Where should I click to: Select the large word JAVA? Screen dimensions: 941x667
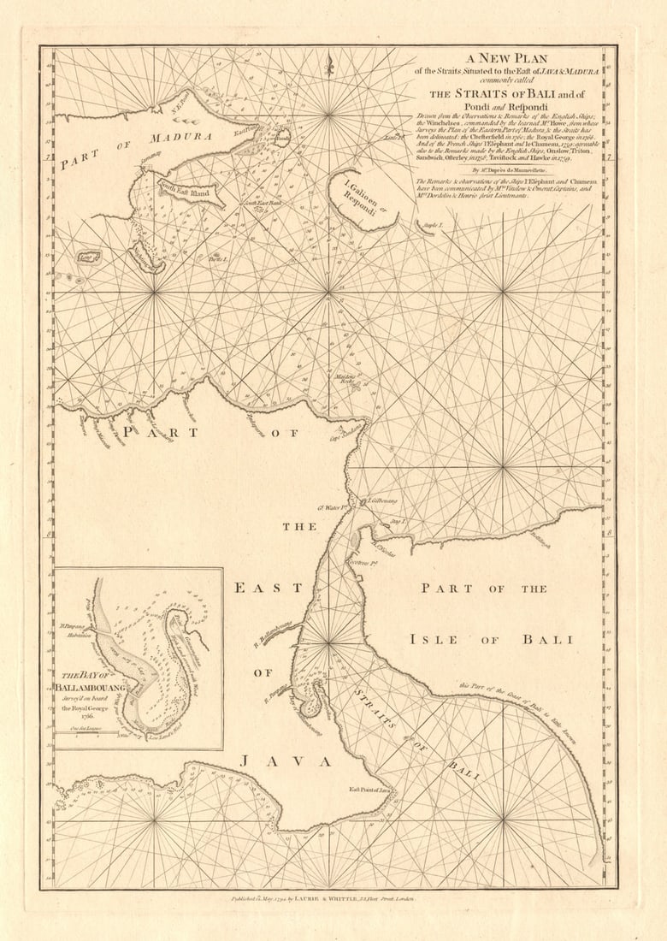click(x=274, y=760)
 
